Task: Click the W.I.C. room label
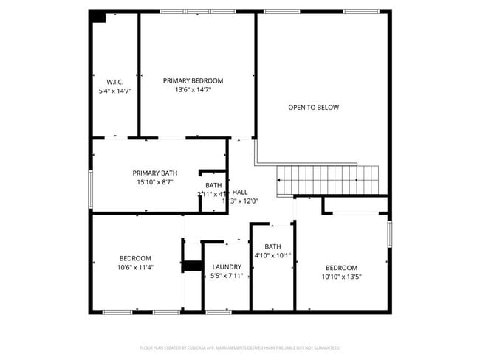[114, 81]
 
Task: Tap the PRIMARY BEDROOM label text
[193, 80]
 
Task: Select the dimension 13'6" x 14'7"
[193, 90]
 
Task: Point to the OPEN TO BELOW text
[313, 108]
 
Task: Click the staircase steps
[327, 178]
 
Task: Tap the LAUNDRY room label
[227, 266]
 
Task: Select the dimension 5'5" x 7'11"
[227, 276]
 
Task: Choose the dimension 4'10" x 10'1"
[273, 256]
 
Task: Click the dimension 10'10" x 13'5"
[341, 277]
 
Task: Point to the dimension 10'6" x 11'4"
[135, 267]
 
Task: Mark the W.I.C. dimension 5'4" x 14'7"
[114, 91]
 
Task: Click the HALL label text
[240, 192]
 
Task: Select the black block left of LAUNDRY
[193, 266]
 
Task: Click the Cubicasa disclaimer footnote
[240, 347]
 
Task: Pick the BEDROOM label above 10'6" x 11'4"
[135, 257]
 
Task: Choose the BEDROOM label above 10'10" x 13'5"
[341, 267]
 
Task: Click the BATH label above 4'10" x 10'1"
[273, 246]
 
